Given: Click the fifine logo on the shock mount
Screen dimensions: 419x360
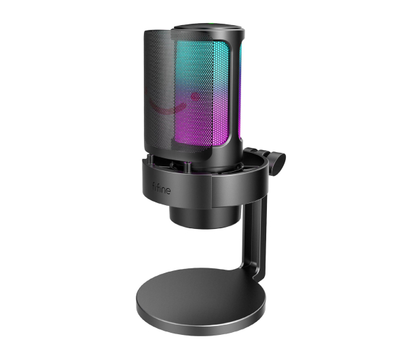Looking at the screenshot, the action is click(161, 188).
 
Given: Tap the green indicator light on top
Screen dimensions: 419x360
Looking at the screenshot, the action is click(211, 24).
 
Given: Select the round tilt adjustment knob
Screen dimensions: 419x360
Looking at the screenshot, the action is click(278, 164).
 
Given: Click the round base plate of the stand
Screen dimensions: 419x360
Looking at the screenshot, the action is click(200, 301).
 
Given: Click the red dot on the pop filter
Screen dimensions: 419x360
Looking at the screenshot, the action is click(196, 97).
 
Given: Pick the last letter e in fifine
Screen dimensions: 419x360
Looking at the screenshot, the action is click(168, 191).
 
